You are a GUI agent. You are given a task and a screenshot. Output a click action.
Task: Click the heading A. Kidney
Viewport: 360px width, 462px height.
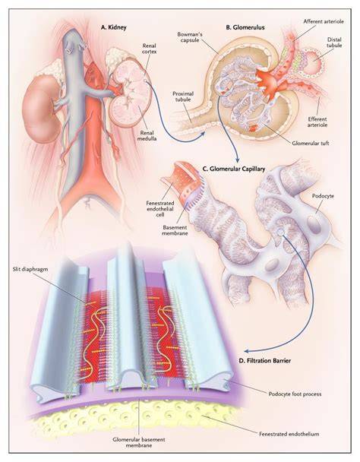(x=113, y=27)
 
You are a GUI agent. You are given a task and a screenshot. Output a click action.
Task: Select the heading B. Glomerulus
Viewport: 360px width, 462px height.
(x=245, y=27)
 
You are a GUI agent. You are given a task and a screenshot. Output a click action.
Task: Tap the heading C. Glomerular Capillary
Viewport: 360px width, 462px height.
(x=234, y=169)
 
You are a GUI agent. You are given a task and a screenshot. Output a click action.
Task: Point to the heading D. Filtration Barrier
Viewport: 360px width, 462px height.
(x=264, y=360)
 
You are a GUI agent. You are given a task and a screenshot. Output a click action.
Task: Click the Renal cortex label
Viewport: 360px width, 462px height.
(x=150, y=49)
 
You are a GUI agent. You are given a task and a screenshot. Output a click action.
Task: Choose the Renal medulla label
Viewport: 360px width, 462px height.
(x=147, y=135)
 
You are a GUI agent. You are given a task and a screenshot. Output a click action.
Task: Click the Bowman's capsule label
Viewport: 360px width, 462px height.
(x=190, y=37)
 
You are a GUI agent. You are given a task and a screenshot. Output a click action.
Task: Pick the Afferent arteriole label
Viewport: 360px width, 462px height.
(x=324, y=21)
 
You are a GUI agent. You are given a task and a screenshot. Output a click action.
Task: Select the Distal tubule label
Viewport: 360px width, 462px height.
(x=334, y=43)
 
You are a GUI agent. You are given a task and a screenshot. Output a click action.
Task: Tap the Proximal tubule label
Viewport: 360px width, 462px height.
(x=183, y=97)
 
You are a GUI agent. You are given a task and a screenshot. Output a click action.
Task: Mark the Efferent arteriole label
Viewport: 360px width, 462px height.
(x=317, y=122)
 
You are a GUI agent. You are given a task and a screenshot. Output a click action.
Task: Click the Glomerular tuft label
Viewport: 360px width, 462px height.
(x=310, y=144)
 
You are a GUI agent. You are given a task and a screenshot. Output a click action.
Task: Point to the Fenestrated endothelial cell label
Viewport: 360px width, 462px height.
(x=160, y=209)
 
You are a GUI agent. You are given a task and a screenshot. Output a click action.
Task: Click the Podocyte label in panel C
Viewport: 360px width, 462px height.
(x=323, y=196)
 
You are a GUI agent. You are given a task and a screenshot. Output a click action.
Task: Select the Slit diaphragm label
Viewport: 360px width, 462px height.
(x=30, y=269)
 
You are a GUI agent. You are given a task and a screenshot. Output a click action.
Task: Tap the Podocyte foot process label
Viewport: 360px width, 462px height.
(x=295, y=394)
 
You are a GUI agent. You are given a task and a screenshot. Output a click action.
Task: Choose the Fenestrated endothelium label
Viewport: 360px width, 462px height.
(x=289, y=434)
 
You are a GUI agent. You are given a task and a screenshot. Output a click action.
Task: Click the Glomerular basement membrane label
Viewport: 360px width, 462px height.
(x=139, y=442)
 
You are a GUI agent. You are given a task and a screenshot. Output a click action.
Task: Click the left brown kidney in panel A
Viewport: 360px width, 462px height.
(x=41, y=109)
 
